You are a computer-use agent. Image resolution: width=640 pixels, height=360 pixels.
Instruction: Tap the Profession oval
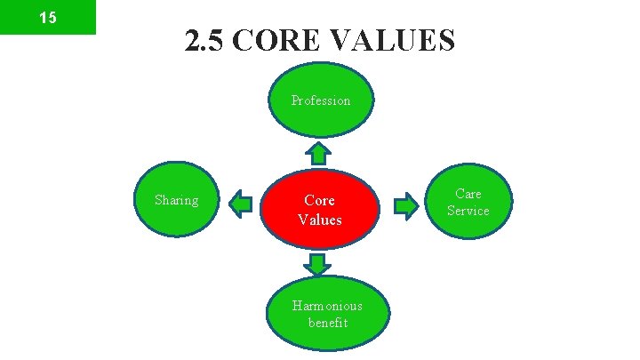click(x=321, y=100)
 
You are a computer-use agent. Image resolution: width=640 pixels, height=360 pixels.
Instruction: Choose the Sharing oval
click(x=176, y=201)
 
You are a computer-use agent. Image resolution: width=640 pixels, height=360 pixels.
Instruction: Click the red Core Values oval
click(x=320, y=210)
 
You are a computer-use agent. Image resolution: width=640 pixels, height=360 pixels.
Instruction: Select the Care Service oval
click(x=468, y=202)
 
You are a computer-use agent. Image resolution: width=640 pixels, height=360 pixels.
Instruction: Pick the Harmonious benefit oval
click(x=328, y=314)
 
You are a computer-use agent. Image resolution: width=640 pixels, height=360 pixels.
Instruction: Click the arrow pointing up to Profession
click(x=320, y=155)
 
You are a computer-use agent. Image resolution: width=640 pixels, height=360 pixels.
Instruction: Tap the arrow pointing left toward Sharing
click(x=240, y=205)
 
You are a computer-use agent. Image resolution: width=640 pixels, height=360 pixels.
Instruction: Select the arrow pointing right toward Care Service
click(x=405, y=206)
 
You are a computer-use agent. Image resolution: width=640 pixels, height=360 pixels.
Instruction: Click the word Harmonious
click(x=328, y=306)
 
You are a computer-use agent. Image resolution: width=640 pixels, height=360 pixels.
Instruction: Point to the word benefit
click(x=328, y=323)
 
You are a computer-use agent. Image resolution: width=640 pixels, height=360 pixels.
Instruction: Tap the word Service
click(x=468, y=211)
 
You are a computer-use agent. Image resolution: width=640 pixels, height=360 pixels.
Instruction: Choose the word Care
click(x=468, y=193)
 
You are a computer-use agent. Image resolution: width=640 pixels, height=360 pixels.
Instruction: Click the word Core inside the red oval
click(x=319, y=201)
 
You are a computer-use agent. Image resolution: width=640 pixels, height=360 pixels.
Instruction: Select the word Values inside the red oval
click(x=319, y=220)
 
